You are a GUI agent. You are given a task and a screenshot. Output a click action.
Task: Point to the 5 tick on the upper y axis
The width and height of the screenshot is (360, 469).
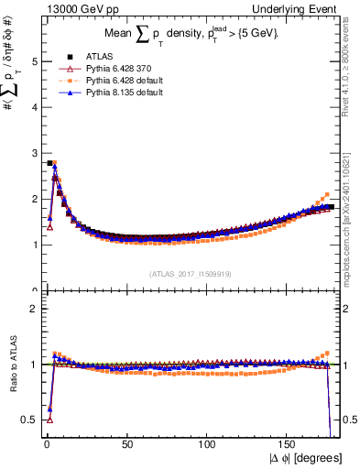coord(34,61)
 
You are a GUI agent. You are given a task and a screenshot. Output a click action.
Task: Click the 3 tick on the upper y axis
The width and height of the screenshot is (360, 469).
coord(34,153)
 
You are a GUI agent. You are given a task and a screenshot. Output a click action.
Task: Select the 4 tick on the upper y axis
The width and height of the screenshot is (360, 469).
coord(34,107)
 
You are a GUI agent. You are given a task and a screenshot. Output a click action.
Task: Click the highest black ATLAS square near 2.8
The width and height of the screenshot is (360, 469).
coord(49,163)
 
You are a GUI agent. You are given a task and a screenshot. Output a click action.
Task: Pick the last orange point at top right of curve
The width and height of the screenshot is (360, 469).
coord(328,194)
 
